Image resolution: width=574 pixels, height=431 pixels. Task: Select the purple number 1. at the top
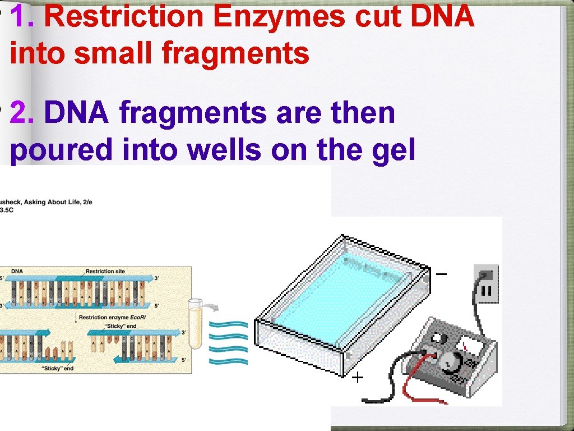(x=25, y=17)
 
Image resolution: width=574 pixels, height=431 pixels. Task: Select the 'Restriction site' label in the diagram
(x=105, y=272)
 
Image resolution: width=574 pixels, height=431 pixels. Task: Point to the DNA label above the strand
(x=17, y=272)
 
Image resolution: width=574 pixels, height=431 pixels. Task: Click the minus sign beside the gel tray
(x=442, y=274)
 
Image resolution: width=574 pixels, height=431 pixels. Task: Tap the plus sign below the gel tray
(x=358, y=378)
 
